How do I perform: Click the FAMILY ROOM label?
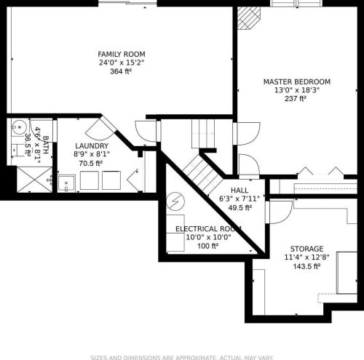[x=122, y=54]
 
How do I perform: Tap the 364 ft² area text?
[x=121, y=71]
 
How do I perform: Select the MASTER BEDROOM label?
[x=297, y=81]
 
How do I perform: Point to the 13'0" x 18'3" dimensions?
[x=296, y=90]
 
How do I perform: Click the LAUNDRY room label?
[x=92, y=145]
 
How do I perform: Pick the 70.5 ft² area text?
[x=90, y=163]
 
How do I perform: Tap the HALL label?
[x=240, y=191]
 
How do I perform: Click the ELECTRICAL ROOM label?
[x=208, y=229]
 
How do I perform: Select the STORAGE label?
[x=306, y=249]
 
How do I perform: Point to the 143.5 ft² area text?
[x=306, y=266]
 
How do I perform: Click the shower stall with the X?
[x=35, y=180]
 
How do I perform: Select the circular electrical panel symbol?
[x=175, y=201]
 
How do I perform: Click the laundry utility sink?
[x=66, y=183]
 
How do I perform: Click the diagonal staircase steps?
[x=202, y=175]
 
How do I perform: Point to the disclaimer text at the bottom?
[x=182, y=358]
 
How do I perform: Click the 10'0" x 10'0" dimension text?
[x=208, y=237]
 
